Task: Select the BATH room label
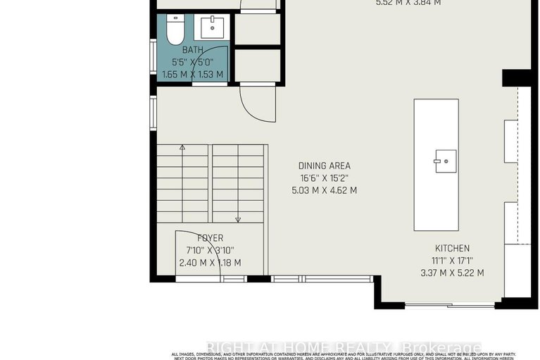pyautogui.click(x=192, y=50)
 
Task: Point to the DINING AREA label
pyautogui.click(x=325, y=166)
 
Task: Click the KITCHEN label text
pyautogui.click(x=452, y=249)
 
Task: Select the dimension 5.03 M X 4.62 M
pyautogui.click(x=325, y=190)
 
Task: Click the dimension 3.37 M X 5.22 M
pyautogui.click(x=452, y=273)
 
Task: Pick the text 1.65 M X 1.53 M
pyautogui.click(x=192, y=74)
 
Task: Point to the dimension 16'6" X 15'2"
pyautogui.click(x=325, y=178)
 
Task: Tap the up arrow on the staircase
pyautogui.click(x=182, y=148)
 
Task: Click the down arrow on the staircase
pyautogui.click(x=238, y=219)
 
